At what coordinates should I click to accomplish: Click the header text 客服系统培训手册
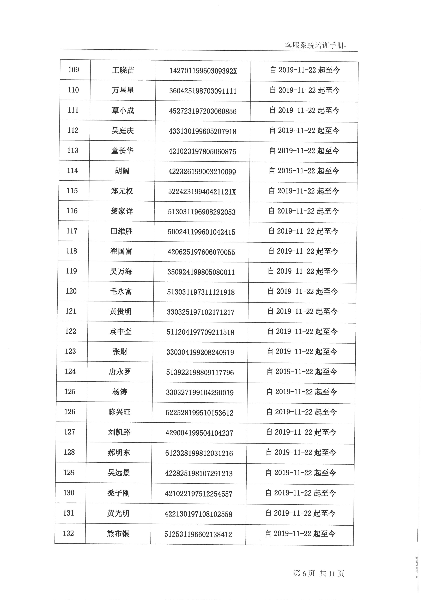[x=315, y=46]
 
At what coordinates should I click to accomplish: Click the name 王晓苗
[x=123, y=70]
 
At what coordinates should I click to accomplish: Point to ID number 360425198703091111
[x=203, y=91]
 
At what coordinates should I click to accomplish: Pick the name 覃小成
[x=123, y=111]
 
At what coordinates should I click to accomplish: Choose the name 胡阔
[x=122, y=171]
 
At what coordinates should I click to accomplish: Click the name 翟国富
[x=121, y=251]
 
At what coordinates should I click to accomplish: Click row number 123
[x=70, y=351]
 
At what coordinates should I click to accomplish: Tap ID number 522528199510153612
[x=199, y=413]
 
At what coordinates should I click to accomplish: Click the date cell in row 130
[x=300, y=493]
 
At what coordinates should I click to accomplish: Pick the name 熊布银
[x=118, y=534]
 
